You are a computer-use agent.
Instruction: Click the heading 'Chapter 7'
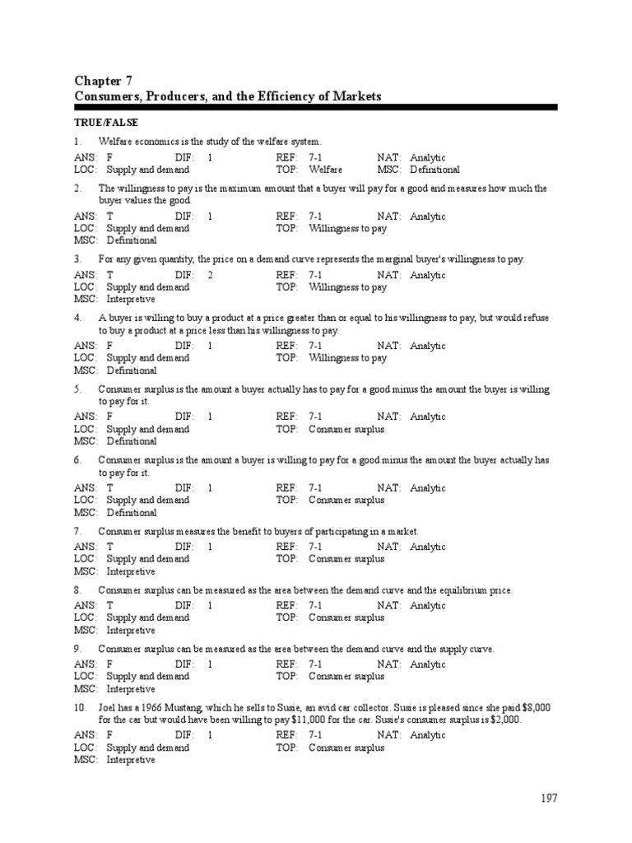[x=103, y=81]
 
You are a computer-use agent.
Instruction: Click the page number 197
[x=549, y=798]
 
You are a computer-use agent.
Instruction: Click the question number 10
[x=80, y=708]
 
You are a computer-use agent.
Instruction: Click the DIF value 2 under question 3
[x=211, y=275]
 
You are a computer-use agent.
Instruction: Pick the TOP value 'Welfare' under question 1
[x=326, y=170]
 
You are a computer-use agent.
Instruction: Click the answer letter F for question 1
[x=109, y=157]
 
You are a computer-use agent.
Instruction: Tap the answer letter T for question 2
[x=110, y=217]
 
